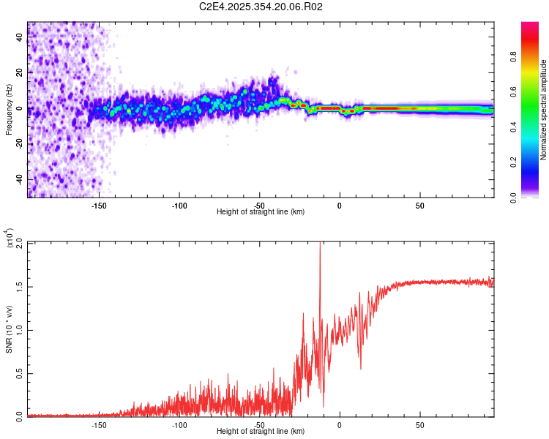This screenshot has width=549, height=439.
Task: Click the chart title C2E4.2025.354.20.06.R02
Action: coord(261,7)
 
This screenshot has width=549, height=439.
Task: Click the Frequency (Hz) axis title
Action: coord(9,109)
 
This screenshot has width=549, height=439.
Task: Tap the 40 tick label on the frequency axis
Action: coord(20,38)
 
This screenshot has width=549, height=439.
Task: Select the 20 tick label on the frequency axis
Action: coord(20,73)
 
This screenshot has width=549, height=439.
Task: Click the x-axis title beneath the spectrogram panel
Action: coord(261,212)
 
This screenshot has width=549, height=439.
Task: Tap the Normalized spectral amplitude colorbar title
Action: coord(544,110)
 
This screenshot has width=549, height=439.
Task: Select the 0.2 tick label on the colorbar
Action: coord(536,162)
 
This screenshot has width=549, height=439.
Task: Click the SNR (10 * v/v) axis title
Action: coord(9,329)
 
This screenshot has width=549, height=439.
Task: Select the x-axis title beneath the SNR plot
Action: coord(261,432)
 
